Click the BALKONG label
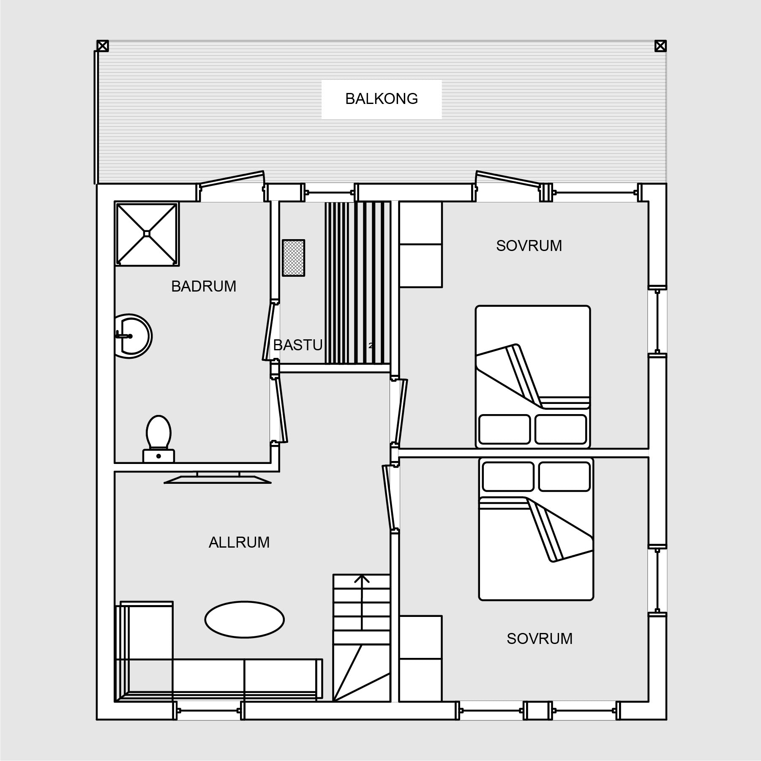point(382,99)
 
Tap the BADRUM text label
point(204,286)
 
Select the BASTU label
point(298,345)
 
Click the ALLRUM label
point(239,542)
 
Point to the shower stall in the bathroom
point(147,234)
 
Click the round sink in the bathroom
point(133,336)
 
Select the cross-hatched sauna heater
point(293,258)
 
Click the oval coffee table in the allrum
point(245,619)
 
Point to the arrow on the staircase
point(362,603)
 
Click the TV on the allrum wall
point(217,477)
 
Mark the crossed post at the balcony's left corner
point(103,46)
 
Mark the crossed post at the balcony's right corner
point(660,46)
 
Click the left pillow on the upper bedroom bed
point(505,429)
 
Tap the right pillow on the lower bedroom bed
point(565,477)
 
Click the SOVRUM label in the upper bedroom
point(529,246)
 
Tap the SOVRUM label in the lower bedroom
point(540,638)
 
